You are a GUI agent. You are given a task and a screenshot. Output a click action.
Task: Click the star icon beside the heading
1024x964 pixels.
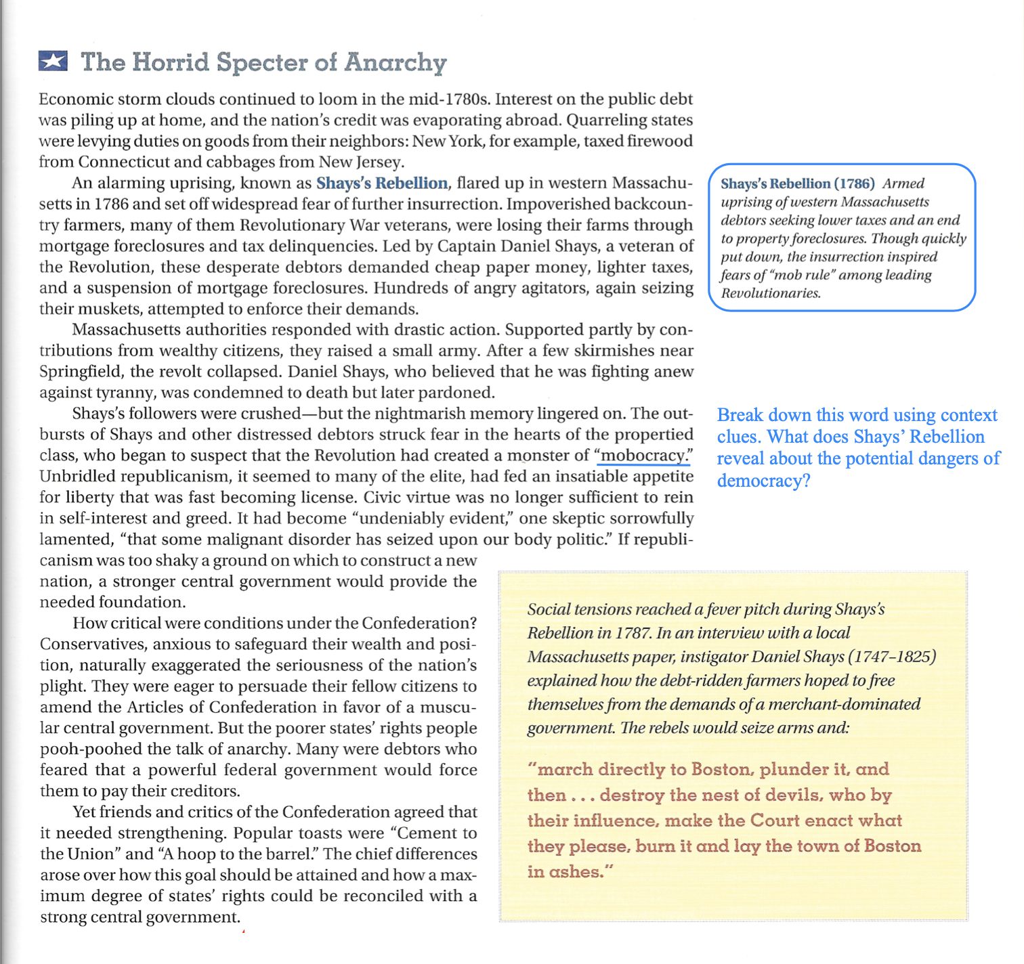(53, 62)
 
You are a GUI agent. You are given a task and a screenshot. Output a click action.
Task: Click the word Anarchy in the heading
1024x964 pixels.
(396, 62)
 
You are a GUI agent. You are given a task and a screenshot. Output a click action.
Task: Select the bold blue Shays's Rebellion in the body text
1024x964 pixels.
(382, 183)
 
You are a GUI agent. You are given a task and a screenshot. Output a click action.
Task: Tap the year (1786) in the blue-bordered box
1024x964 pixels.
(854, 183)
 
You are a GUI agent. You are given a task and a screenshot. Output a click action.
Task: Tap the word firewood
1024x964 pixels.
(660, 141)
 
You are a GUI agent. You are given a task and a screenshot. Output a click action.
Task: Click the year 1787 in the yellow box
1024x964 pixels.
(633, 633)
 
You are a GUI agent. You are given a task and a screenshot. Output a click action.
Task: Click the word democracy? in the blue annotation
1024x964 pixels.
(763, 481)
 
